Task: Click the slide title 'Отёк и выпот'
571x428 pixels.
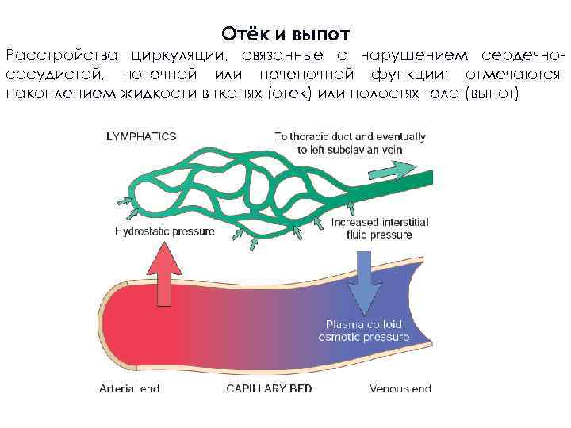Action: (x=285, y=34)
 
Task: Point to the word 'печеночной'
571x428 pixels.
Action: (x=305, y=75)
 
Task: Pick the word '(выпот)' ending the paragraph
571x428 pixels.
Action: (x=493, y=94)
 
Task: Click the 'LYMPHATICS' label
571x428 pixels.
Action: (x=141, y=136)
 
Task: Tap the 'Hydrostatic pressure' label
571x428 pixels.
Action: (x=164, y=232)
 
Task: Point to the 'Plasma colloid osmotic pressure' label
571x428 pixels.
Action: (x=364, y=331)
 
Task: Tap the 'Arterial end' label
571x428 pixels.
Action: (x=129, y=388)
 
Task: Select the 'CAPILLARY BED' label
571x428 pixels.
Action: (x=269, y=388)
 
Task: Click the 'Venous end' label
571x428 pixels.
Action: (x=400, y=388)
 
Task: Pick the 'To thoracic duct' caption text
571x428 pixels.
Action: (x=350, y=142)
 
